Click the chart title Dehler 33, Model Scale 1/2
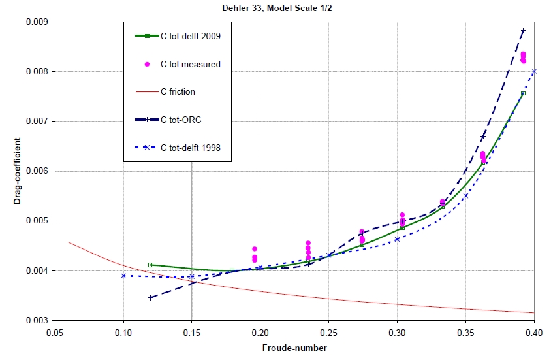point(275,7)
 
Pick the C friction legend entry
point(178,91)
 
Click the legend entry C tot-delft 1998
point(191,148)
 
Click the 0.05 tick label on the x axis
point(55,333)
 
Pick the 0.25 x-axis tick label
point(328,333)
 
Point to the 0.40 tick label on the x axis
point(534,333)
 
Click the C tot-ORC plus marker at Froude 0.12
point(150,297)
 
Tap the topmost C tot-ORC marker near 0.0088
point(523,31)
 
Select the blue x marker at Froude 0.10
point(123,276)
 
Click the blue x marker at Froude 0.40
point(534,71)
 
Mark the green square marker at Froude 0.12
point(150,265)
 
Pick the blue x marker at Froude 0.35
point(465,196)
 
